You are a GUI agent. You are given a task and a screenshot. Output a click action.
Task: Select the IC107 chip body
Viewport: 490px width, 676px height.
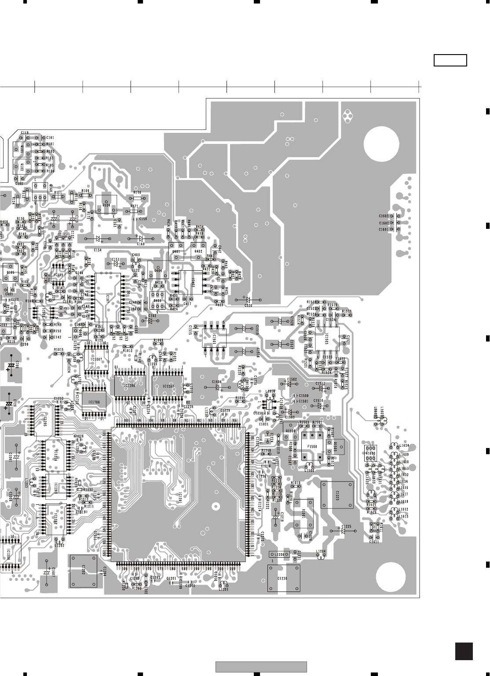tap(108, 298)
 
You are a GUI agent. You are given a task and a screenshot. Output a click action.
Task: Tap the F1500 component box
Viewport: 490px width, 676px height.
tap(313, 446)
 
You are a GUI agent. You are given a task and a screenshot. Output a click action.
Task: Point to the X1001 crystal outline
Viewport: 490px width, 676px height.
tap(304, 513)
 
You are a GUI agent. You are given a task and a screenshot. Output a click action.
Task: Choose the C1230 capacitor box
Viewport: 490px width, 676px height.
tap(283, 578)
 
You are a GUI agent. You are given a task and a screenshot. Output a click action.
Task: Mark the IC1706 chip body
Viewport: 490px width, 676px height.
tap(94, 401)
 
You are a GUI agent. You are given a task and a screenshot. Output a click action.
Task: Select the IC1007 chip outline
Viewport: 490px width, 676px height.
tap(96, 359)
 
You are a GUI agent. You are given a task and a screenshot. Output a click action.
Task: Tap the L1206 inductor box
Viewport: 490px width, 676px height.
tap(278, 554)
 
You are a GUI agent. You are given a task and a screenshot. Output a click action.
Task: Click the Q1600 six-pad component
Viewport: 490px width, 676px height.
tap(370, 453)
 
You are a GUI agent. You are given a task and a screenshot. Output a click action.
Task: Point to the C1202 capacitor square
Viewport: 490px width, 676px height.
tap(83, 571)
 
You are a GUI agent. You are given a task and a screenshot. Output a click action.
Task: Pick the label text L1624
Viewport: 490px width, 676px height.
tap(404, 446)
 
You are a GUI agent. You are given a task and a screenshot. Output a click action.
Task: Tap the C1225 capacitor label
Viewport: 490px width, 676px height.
tap(347, 526)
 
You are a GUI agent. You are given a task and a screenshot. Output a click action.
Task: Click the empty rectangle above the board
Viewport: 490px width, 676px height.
tap(450, 60)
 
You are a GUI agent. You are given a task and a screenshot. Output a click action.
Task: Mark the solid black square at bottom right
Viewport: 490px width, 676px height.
tap(464, 651)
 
